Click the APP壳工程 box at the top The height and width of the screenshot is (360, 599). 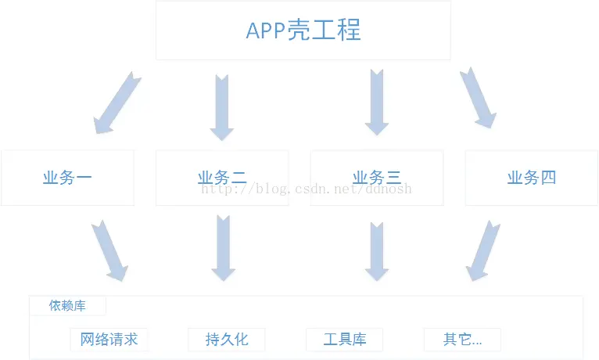(x=303, y=31)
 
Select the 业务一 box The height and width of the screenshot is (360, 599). (x=67, y=178)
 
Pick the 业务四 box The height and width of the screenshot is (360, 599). (x=531, y=178)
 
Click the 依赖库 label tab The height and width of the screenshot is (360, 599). (x=67, y=306)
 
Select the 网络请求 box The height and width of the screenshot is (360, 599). (x=109, y=340)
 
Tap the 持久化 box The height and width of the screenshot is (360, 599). (x=227, y=340)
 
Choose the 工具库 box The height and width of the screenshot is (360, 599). (x=345, y=340)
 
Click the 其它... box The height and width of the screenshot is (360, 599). (x=462, y=340)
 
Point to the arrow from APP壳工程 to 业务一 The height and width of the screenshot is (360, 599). (x=117, y=103)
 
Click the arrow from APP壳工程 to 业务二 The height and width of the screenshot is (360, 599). (x=222, y=106)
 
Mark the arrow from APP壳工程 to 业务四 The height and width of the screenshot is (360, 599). (x=478, y=98)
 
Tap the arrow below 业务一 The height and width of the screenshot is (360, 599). (x=109, y=250)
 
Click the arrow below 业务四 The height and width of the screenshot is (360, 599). (x=484, y=250)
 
